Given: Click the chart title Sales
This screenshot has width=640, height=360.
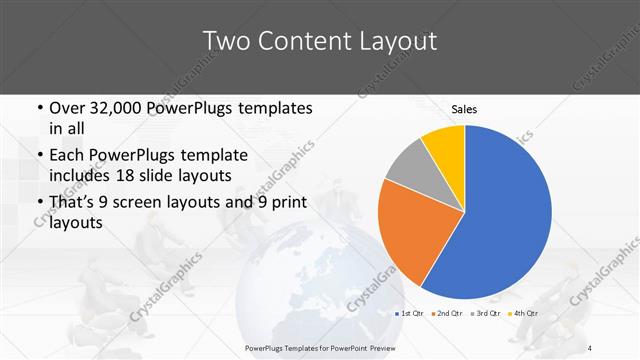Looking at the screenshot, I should coord(464,109).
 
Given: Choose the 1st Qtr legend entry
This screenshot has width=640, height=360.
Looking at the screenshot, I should coord(409,314).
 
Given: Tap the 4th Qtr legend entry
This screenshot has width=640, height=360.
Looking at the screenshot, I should coord(527,314).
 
